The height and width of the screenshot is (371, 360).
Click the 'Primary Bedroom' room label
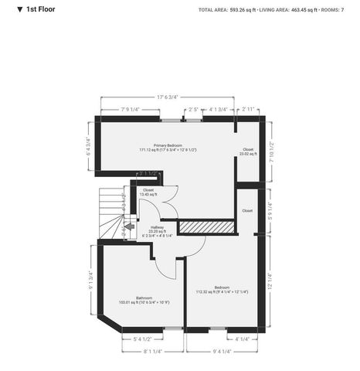[168, 145]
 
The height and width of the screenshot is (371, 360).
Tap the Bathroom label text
[144, 298]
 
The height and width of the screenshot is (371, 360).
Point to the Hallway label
[157, 229]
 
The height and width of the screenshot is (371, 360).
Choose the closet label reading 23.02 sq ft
[248, 151]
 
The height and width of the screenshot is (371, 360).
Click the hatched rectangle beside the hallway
[206, 226]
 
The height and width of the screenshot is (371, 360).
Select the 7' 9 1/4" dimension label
[131, 111]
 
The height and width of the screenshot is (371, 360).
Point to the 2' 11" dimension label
[247, 111]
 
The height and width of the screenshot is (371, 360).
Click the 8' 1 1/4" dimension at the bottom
[153, 351]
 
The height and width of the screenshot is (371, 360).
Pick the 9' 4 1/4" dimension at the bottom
[226, 351]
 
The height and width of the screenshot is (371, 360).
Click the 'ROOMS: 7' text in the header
[341, 10]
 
